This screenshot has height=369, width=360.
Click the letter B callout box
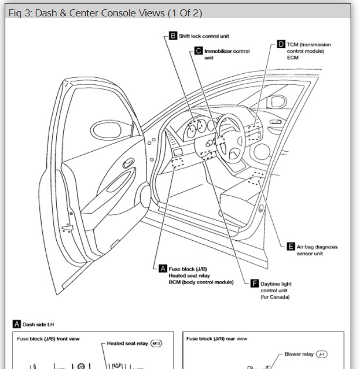tap(173, 36)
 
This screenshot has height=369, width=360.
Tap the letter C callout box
tap(199, 51)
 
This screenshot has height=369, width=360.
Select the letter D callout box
tap(281, 44)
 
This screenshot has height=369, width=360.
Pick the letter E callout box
tap(291, 247)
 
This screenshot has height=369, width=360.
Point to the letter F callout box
tap(254, 283)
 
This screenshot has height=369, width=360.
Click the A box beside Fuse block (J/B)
tap(163, 268)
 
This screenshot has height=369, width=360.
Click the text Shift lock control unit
tap(203, 36)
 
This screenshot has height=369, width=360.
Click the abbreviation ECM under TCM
tap(293, 58)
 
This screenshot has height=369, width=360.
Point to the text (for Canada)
tap(274, 298)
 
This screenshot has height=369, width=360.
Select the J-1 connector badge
tap(322, 354)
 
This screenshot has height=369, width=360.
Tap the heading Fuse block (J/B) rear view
tap(216, 339)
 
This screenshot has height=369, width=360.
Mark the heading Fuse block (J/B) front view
tap(48, 339)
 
